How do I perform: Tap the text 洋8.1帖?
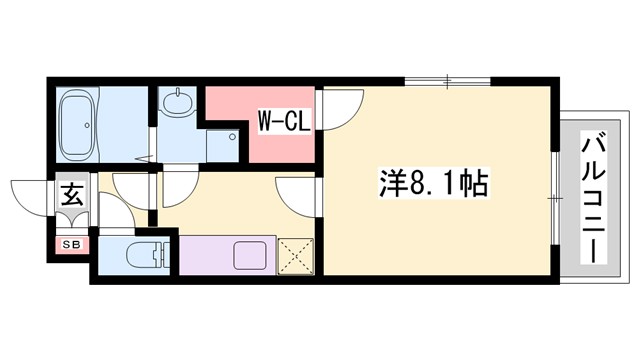(432, 184)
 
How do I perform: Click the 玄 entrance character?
(74, 195)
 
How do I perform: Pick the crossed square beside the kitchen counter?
(296, 254)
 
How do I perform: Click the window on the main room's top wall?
(448, 80)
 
